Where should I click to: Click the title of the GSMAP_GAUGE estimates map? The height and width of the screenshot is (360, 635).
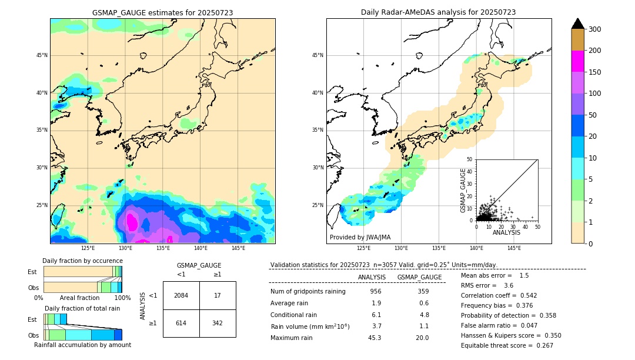coord(162,12)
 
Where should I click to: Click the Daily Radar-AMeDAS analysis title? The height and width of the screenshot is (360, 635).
coord(438,12)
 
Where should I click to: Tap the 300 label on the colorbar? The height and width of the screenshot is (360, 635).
coord(594,29)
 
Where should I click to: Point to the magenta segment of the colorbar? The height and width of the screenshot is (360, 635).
coord(578,61)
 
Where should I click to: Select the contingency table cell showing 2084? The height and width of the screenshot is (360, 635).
coord(181,295)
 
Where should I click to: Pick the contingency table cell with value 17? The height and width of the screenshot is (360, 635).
coord(218,295)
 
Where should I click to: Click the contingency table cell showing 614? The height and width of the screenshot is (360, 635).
coord(181,323)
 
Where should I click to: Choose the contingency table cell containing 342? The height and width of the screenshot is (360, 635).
coord(218,323)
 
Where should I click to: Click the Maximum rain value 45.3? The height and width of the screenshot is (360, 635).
coord(375,338)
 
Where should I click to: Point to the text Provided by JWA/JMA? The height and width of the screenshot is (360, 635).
coord(360,238)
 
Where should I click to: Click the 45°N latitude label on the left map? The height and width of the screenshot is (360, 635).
coord(42,55)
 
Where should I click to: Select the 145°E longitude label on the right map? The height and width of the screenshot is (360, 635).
coord(514,248)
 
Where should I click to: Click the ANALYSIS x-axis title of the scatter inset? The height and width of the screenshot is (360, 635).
coord(506,233)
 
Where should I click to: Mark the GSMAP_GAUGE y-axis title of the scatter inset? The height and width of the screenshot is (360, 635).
coord(463,190)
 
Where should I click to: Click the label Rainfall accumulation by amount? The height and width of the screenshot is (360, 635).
coord(82,345)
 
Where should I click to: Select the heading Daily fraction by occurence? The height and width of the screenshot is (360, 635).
coord(82,261)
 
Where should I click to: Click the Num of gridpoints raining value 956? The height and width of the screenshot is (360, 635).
coord(376,292)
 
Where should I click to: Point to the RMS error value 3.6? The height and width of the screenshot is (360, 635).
coord(509,285)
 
